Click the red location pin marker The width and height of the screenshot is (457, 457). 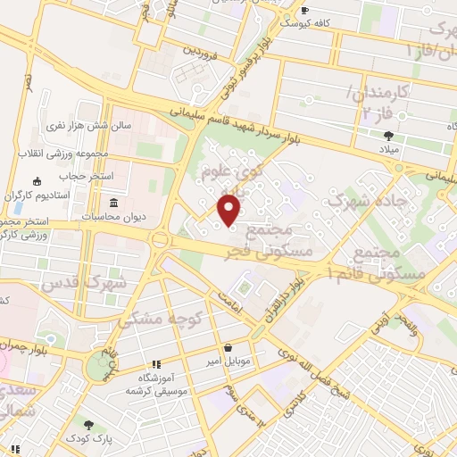[229, 209]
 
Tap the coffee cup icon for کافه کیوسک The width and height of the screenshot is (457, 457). [305, 11]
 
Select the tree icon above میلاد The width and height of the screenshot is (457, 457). [388, 136]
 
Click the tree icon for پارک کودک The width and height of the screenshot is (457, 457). [87, 424]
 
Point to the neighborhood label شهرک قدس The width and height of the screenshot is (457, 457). [85, 284]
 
